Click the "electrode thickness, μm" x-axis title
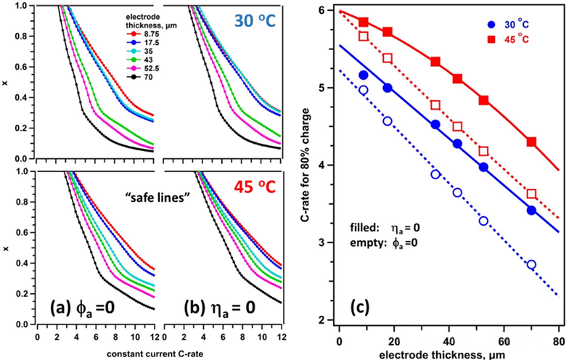pos(448,353)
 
